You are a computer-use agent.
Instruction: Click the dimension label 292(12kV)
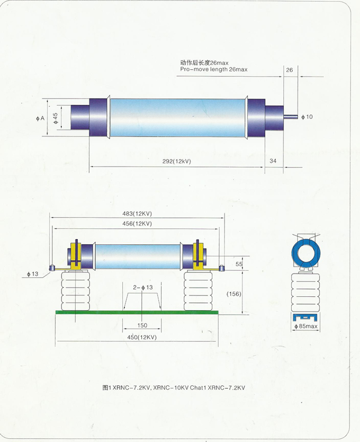pyautogui.click(x=177, y=161)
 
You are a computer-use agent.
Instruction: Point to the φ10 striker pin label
pyautogui.click(x=307, y=116)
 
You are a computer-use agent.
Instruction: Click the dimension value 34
pyautogui.click(x=273, y=161)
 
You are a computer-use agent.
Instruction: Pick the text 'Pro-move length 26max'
pyautogui.click(x=213, y=69)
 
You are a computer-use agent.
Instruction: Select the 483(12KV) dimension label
pyautogui.click(x=137, y=214)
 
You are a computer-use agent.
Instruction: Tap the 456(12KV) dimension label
pyautogui.click(x=137, y=224)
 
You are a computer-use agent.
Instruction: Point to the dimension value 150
pyautogui.click(x=142, y=325)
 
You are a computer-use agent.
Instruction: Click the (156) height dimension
pyautogui.click(x=234, y=294)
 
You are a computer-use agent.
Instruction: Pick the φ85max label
pyautogui.click(x=305, y=327)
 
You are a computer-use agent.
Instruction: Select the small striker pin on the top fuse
pyautogui.click(x=292, y=117)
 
